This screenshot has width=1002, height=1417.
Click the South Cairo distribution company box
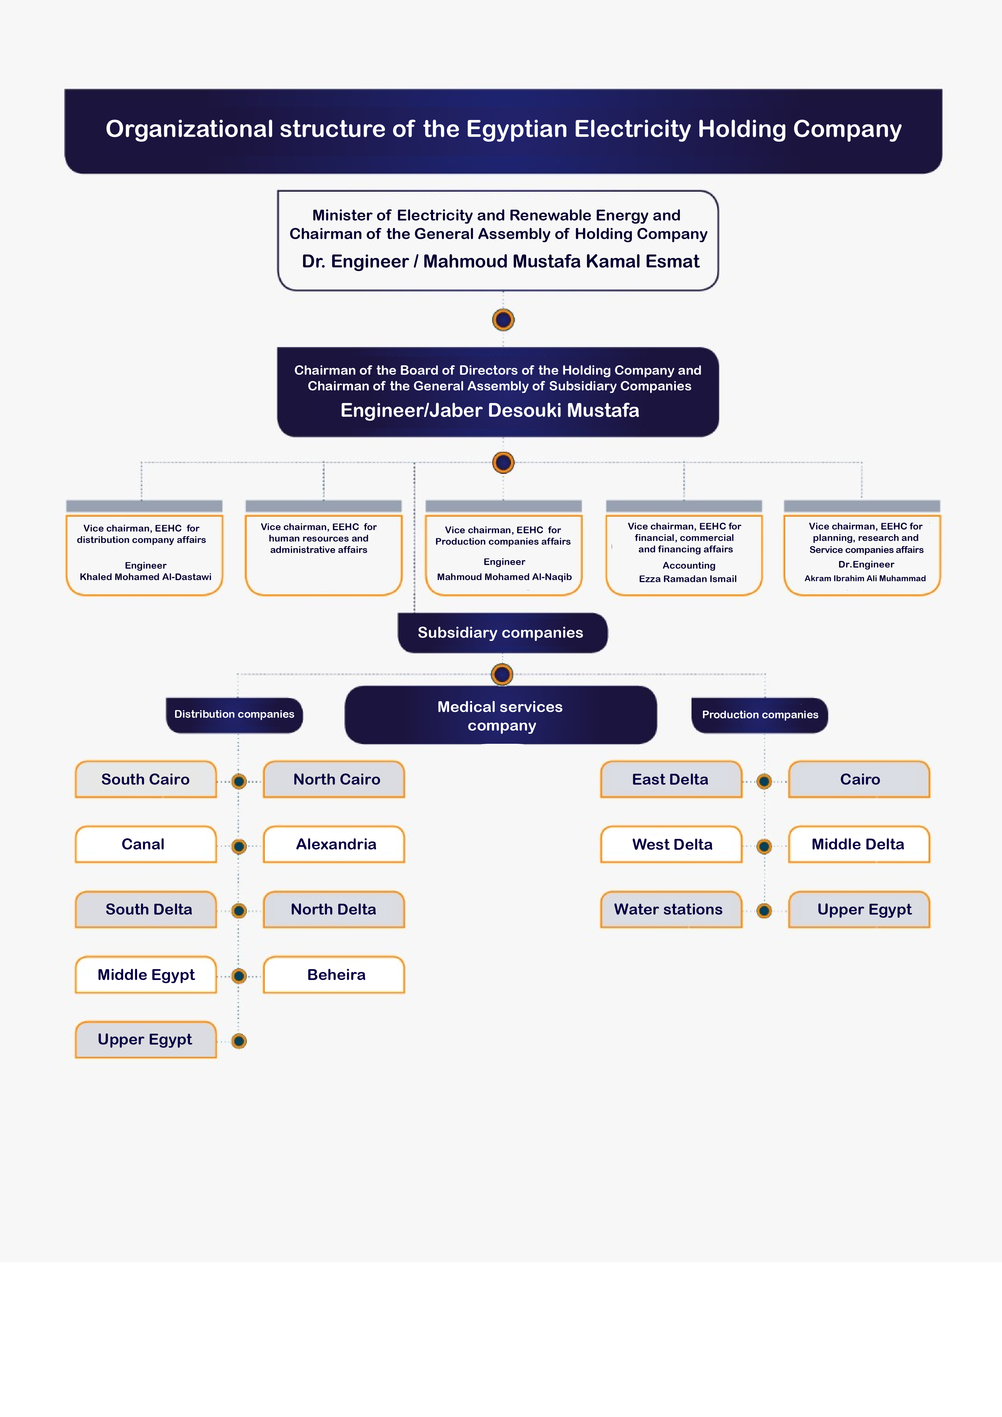tap(146, 779)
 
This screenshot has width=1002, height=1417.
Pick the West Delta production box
tap(671, 844)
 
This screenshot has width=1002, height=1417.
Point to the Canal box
tap(146, 844)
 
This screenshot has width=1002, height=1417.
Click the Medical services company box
tap(500, 715)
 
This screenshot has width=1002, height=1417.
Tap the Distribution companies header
tap(235, 715)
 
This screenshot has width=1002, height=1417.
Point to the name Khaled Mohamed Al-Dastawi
tap(146, 577)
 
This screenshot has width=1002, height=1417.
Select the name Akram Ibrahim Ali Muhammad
tap(865, 578)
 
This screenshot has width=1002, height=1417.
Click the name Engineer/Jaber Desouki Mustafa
tap(490, 410)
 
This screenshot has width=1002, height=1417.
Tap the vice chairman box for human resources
tap(323, 548)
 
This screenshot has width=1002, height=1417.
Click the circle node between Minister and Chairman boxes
tap(504, 320)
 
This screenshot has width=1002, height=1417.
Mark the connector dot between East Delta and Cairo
tap(764, 781)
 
